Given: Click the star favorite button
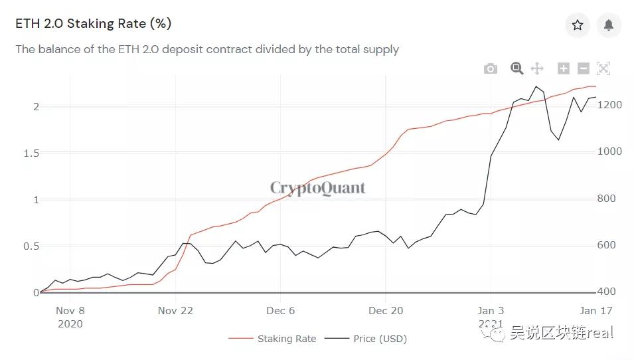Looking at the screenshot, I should (578, 25).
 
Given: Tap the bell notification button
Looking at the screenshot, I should (609, 25).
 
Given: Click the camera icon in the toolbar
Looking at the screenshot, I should (491, 68).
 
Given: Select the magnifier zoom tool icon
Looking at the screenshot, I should (517, 68).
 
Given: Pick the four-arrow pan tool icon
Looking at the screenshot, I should (537, 68).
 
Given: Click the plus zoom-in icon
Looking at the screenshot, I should (564, 68).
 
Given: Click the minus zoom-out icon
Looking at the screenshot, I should (584, 68).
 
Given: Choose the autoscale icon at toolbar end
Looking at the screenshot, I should (603, 68).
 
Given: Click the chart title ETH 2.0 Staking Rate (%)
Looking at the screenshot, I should (94, 24).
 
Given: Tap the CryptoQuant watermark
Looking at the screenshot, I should (317, 188).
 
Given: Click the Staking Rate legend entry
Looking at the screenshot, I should (273, 339).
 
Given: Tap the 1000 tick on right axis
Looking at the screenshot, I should (609, 152).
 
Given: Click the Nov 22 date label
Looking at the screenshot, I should (175, 311).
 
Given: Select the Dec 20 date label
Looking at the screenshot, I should (386, 311).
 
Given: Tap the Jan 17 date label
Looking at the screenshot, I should (595, 311).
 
